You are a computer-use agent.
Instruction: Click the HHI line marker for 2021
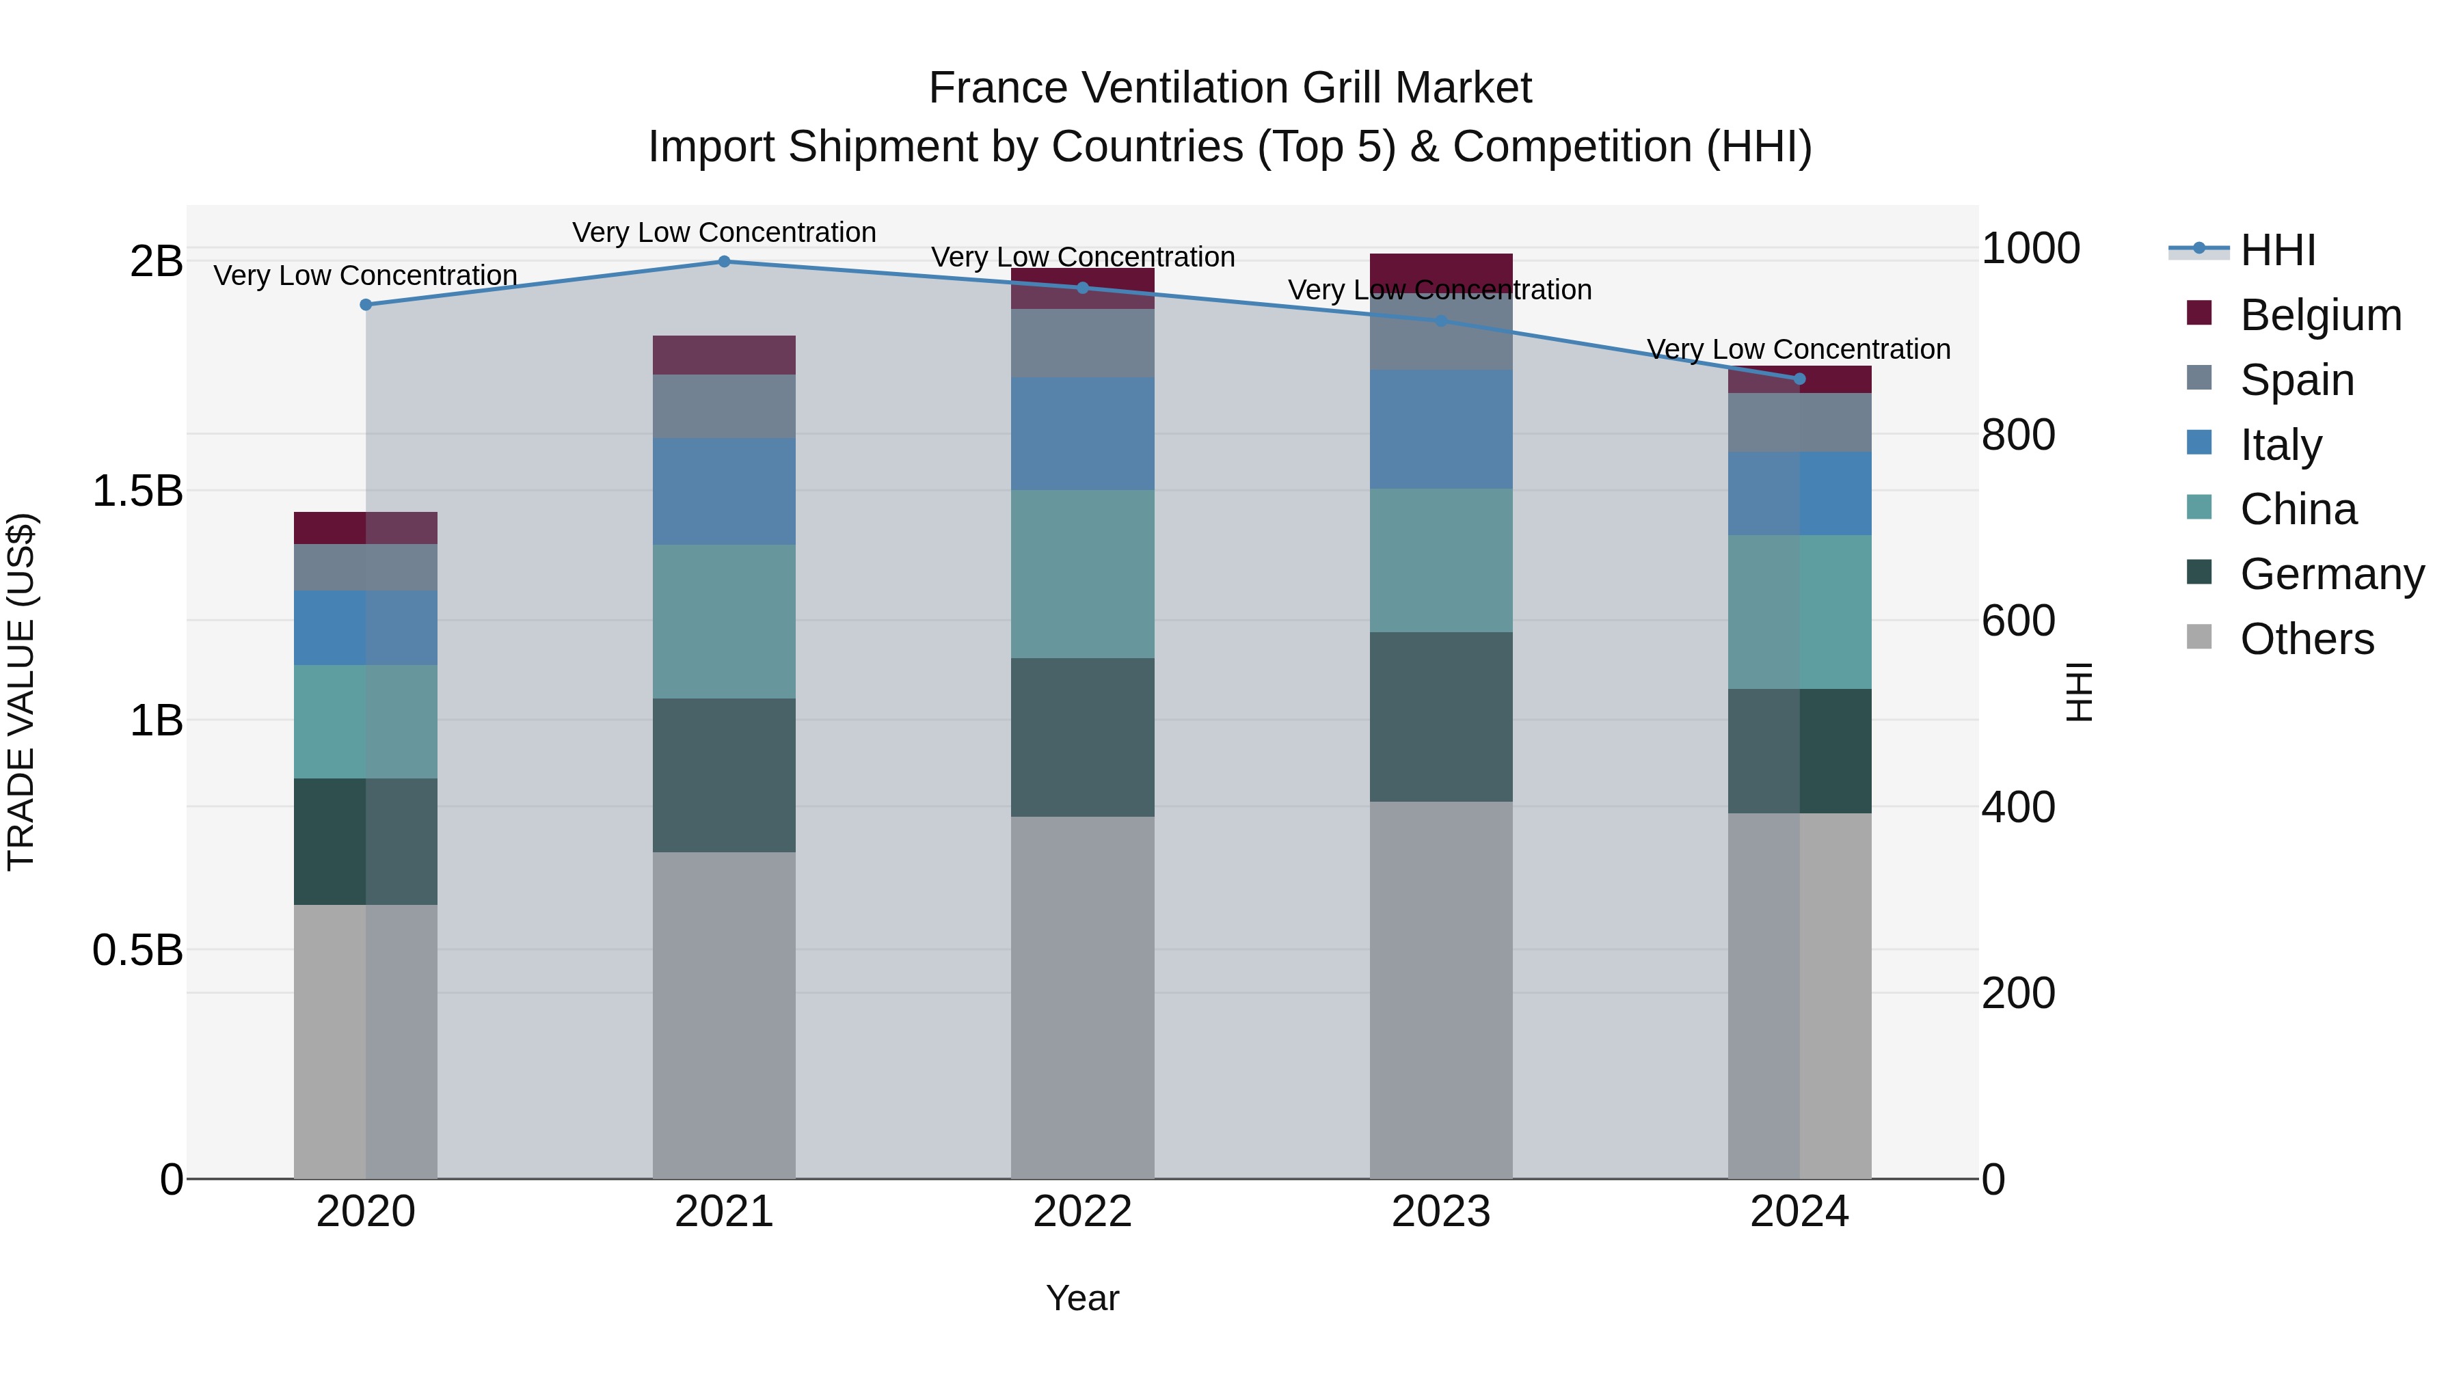(723, 262)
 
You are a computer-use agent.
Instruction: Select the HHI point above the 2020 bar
(365, 305)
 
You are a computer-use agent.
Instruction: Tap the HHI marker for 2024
(1799, 379)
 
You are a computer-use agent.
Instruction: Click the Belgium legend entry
(2319, 315)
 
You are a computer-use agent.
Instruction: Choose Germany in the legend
(2331, 574)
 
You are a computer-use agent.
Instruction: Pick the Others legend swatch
(2198, 637)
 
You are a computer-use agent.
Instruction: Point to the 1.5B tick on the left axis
(137, 491)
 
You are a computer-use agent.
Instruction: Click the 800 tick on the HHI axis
(2018, 435)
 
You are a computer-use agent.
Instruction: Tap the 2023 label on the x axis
(1440, 1212)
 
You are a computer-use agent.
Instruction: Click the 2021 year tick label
(723, 1212)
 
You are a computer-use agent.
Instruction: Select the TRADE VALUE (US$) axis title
(21, 692)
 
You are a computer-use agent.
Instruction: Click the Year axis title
(1082, 1298)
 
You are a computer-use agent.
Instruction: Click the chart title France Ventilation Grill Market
(1230, 88)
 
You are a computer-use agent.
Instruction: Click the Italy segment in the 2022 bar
(1082, 433)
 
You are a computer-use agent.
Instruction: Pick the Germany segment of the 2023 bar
(1440, 716)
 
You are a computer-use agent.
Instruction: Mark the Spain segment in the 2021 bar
(723, 406)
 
